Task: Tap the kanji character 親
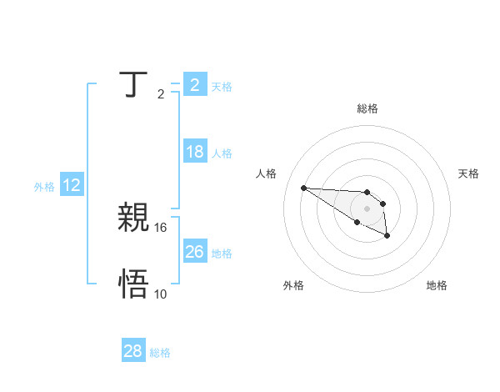point(132,218)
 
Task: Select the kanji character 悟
point(132,284)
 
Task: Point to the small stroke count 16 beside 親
point(161,227)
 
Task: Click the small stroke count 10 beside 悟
point(161,294)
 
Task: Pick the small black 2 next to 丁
point(161,93)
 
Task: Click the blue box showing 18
point(195,152)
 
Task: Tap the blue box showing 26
point(195,252)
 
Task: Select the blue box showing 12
point(72,185)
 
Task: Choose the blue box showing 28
point(132,351)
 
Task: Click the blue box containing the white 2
point(195,85)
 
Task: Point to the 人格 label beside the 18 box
point(222,153)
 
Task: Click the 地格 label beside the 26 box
point(222,254)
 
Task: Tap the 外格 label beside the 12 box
point(44,187)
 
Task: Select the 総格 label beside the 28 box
point(160,353)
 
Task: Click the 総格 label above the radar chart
point(367,108)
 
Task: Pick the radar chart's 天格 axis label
point(469,173)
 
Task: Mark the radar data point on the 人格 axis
point(303,188)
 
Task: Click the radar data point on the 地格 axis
point(387,237)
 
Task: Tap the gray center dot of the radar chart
point(367,208)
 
